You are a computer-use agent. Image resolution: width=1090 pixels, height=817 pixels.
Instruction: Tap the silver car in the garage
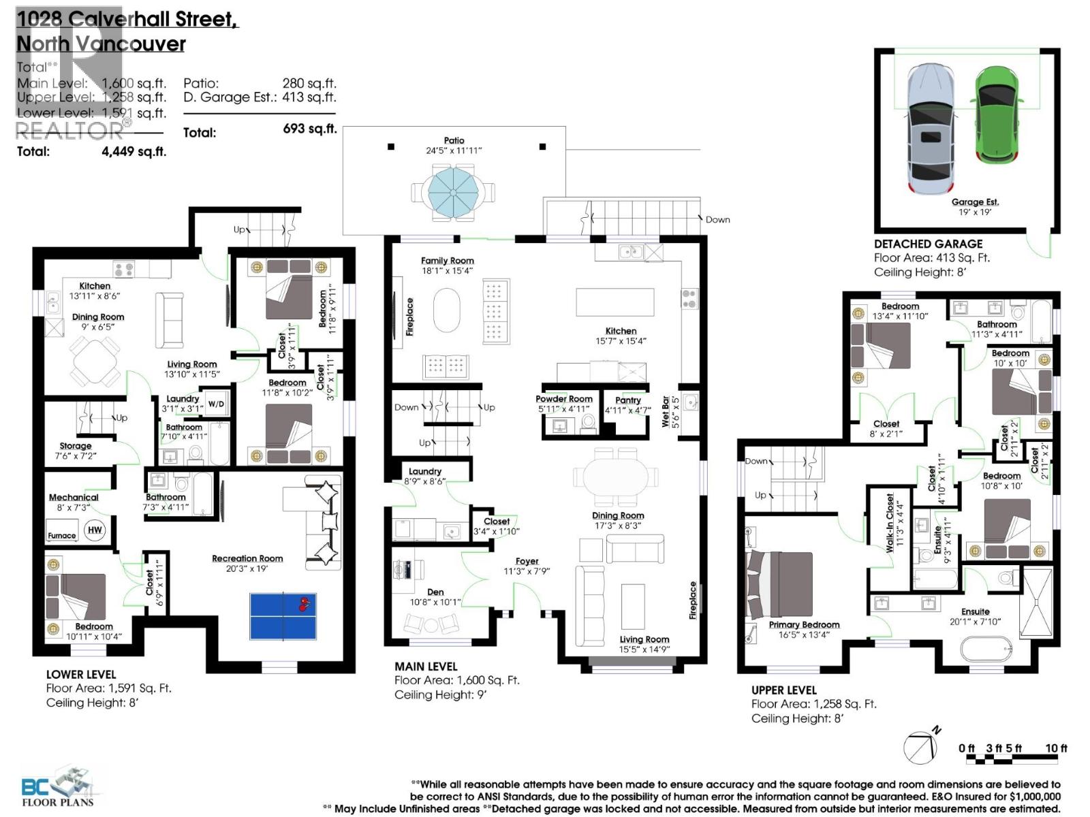930,129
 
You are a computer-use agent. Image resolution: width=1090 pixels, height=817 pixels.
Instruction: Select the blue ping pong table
283,615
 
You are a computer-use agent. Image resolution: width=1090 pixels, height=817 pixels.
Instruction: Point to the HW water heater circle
95,530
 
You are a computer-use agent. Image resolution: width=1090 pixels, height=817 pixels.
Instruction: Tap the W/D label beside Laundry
216,404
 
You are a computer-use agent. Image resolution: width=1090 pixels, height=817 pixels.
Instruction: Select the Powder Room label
563,399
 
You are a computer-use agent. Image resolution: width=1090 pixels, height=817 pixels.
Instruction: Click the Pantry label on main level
628,400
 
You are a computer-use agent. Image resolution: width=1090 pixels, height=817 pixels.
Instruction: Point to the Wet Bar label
666,411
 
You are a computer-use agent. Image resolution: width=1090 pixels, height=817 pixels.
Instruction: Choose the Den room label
435,592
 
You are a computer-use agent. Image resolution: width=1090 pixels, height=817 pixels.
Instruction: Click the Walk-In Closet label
890,521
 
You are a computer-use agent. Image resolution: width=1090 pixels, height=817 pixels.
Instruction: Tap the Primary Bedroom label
804,624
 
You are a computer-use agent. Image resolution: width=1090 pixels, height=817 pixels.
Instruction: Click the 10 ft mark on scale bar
1056,748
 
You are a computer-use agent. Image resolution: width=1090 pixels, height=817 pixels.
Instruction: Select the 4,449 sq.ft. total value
134,151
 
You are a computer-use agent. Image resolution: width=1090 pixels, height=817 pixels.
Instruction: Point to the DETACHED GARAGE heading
928,244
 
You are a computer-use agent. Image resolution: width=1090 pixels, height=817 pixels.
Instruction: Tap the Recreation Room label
247,558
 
